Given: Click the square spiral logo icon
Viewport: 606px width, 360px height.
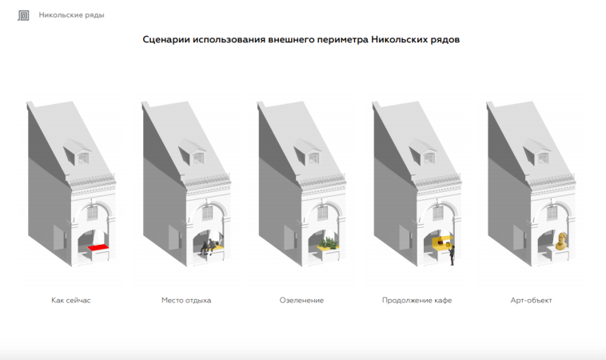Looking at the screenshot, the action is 23,15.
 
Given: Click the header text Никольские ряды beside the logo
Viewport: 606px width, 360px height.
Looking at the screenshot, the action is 71,15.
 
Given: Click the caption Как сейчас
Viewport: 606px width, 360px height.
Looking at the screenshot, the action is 71,300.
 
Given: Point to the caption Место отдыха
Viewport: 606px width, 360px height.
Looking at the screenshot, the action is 186,300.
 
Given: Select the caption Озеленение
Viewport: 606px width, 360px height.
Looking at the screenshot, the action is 301,300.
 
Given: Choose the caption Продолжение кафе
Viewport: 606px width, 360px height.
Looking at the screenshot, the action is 417,300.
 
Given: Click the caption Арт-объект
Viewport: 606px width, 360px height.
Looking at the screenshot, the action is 532,300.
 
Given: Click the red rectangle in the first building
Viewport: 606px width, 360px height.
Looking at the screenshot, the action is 98,247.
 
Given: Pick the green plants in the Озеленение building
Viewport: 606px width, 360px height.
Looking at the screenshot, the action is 328,243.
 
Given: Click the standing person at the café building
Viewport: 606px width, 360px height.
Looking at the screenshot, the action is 452,255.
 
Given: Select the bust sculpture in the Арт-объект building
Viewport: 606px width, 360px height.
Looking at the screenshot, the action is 561,241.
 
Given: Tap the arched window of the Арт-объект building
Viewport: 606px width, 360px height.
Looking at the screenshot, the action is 552,212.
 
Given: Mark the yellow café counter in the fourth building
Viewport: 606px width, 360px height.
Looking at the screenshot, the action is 443,242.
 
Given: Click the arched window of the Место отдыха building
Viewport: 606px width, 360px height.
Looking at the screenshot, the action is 208,213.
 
